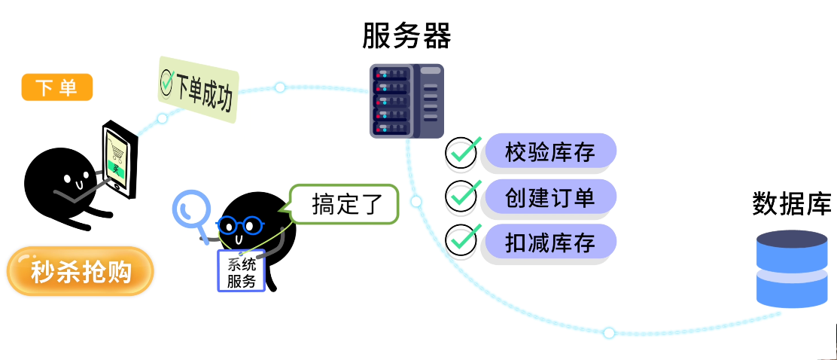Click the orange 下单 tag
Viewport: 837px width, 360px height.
tap(57, 87)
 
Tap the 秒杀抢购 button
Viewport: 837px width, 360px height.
tap(81, 271)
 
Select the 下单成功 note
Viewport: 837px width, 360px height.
tap(199, 90)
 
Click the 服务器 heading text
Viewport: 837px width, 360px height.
tap(406, 35)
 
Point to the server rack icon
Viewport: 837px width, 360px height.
tap(406, 101)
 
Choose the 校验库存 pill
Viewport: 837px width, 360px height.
tap(550, 153)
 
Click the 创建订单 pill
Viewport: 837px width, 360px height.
tap(550, 197)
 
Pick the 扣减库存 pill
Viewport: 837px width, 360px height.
tap(550, 243)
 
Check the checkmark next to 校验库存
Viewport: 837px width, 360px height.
tap(461, 153)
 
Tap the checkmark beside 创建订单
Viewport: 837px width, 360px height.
tap(461, 197)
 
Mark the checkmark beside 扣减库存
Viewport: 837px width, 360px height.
tap(461, 241)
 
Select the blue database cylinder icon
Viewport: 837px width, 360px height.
tap(791, 269)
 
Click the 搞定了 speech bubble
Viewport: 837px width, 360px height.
tap(344, 204)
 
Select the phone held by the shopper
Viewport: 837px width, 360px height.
tap(120, 160)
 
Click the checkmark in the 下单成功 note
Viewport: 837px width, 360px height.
tap(167, 81)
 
